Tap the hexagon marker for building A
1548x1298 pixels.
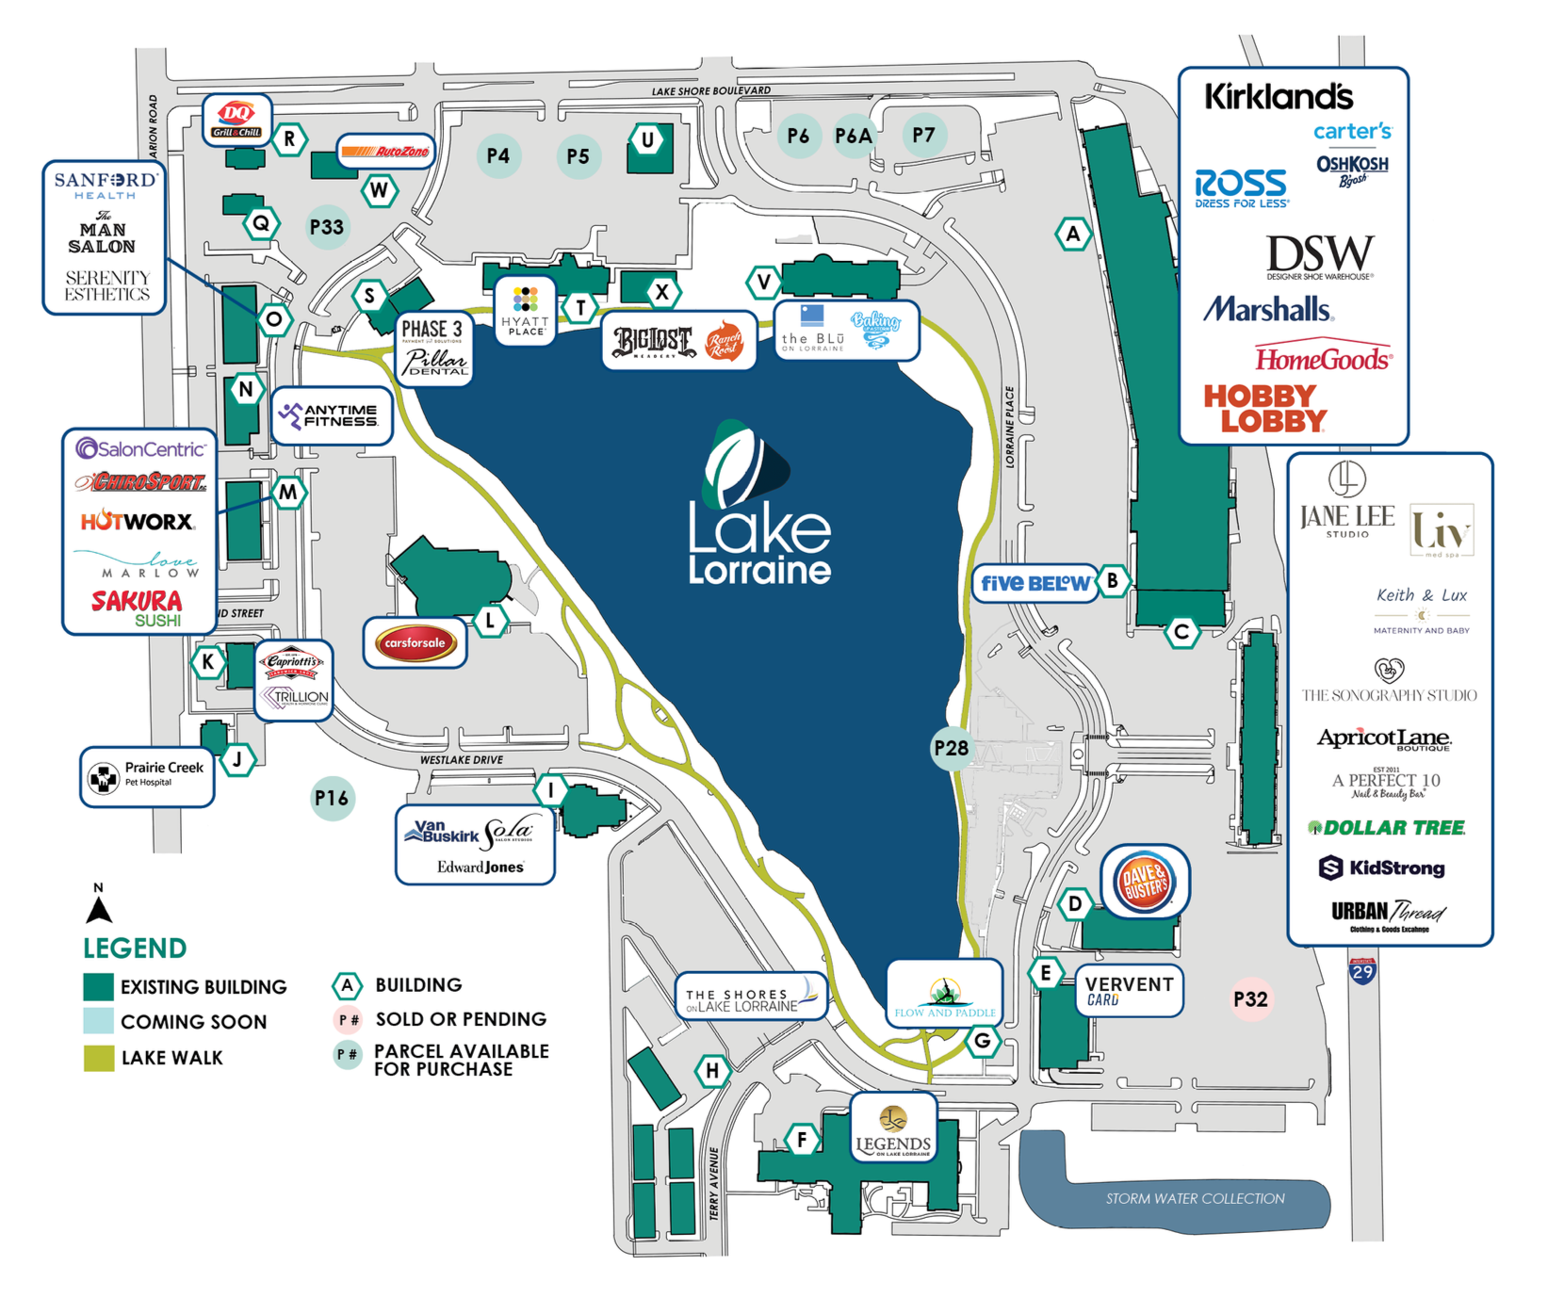1073,234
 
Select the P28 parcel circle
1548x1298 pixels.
951,749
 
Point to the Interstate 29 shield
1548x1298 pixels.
1362,971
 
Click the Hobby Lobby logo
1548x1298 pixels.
1264,408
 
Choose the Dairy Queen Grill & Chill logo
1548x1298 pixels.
236,119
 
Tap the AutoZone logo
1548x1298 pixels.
385,152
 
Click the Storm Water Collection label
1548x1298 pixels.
1195,1198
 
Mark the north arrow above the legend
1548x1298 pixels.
99,905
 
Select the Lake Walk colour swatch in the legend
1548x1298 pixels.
99,1058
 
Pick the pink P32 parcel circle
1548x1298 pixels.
1250,999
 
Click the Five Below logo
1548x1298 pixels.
1035,583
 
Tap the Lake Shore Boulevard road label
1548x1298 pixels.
711,91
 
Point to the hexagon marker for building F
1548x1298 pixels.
802,1141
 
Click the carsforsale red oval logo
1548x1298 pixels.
415,643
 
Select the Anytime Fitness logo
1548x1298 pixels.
331,415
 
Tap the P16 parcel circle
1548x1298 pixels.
332,799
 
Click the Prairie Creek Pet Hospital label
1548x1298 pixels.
148,775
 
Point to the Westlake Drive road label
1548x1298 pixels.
462,760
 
